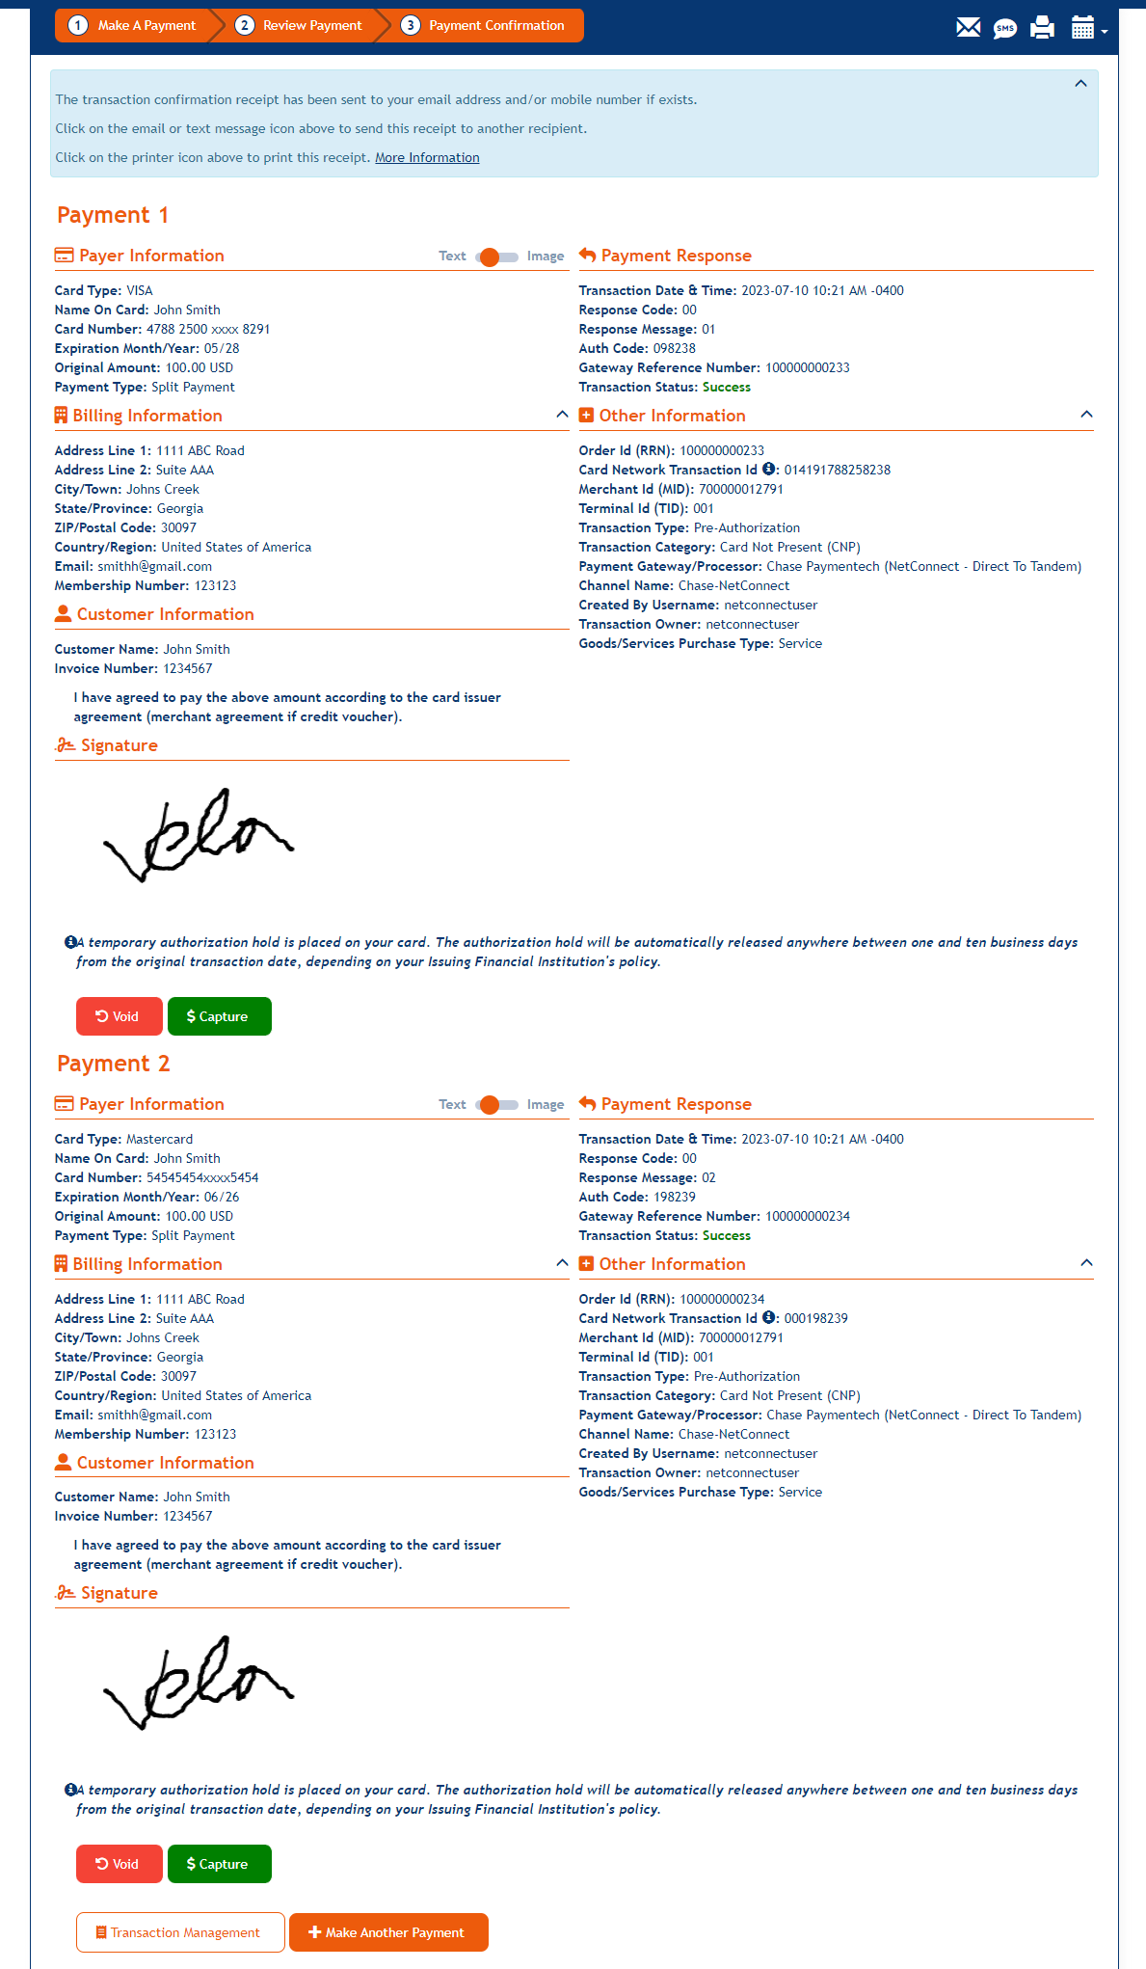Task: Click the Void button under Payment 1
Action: pos(119,1016)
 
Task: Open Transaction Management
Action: pos(180,1932)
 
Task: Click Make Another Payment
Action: pos(388,1932)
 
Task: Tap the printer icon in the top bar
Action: pos(1042,27)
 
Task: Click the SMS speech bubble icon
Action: pos(1005,28)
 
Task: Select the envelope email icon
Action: pos(968,27)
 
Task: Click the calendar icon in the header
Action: pos(1083,27)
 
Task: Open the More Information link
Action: pos(427,158)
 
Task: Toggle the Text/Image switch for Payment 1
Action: pos(496,256)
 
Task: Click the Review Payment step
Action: pos(302,26)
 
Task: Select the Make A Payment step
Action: pos(135,26)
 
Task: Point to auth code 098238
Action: pos(674,349)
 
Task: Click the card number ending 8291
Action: pos(208,330)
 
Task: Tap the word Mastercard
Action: pos(160,1140)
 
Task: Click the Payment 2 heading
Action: pos(113,1064)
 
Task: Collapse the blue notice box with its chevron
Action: pos(1080,84)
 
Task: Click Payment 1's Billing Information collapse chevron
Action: pos(562,415)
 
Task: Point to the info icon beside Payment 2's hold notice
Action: pos(70,1790)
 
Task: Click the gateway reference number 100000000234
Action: pos(808,1217)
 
